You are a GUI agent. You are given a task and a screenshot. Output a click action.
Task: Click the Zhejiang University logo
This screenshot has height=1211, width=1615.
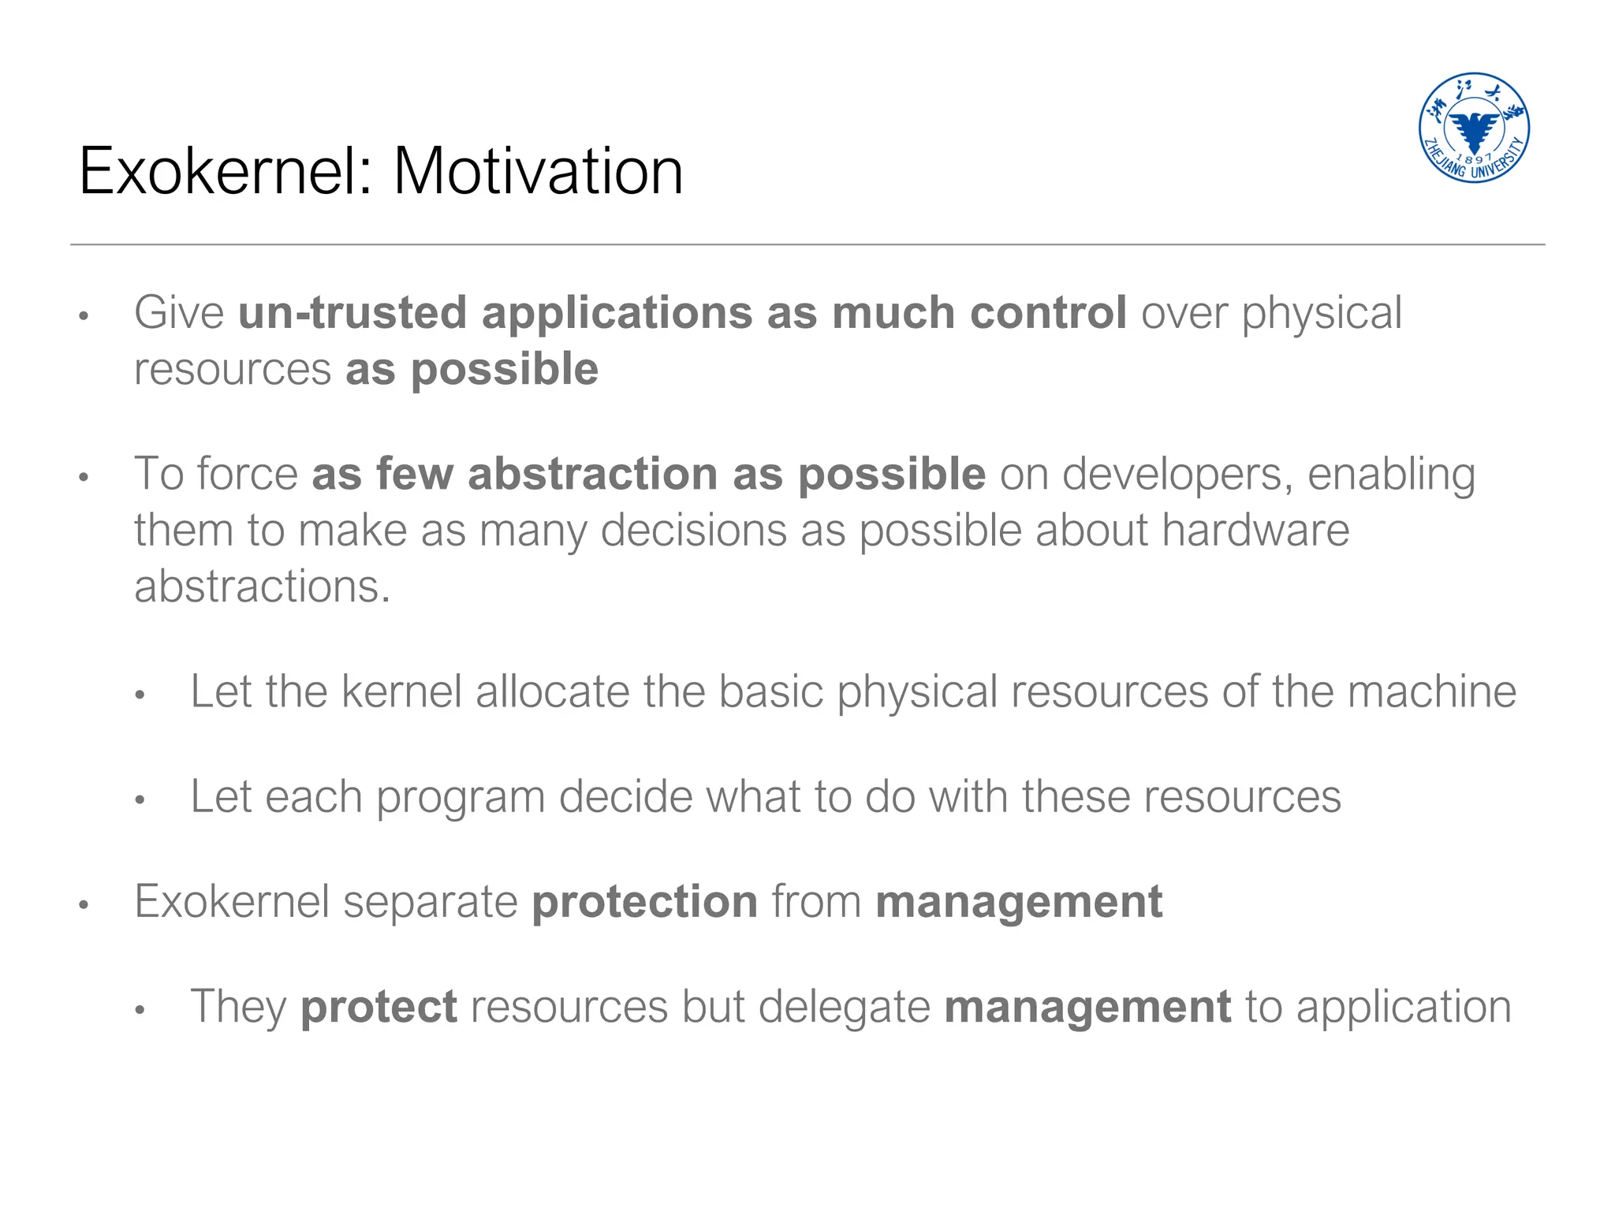click(x=1474, y=128)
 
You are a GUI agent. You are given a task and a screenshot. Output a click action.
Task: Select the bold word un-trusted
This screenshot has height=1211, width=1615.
click(x=352, y=313)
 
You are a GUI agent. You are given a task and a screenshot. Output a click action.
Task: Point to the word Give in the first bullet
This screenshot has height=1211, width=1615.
click(x=179, y=313)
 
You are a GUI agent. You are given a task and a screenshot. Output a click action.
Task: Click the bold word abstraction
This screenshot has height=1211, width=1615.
click(x=593, y=474)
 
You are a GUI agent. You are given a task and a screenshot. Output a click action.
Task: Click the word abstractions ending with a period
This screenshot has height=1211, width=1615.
click(x=262, y=587)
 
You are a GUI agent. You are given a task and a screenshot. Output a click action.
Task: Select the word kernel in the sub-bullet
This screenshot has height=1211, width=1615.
click(x=401, y=691)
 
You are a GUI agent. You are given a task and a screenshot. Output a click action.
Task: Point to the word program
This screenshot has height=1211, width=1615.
click(x=461, y=798)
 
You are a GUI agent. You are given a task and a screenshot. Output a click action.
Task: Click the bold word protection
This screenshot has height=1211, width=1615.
click(x=644, y=902)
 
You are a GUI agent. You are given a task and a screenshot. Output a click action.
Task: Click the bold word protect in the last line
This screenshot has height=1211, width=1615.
click(x=379, y=1008)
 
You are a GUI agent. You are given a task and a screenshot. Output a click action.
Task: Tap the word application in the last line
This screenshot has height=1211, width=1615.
click(x=1404, y=1008)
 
